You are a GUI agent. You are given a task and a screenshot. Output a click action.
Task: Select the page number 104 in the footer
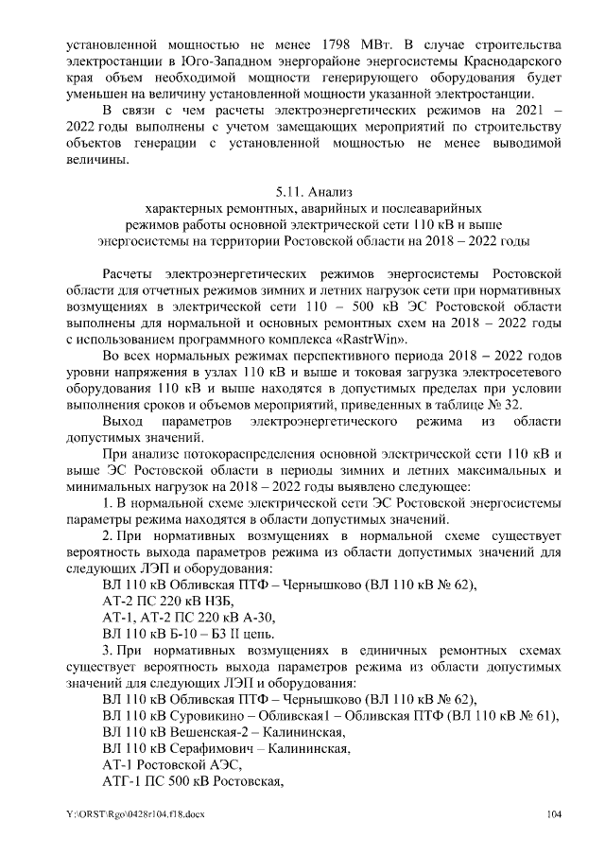coord(555,813)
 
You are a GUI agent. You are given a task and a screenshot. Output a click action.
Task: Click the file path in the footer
coord(135,813)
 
